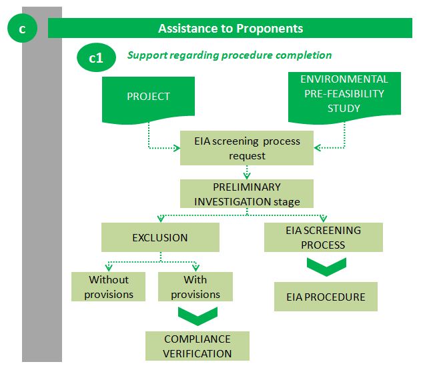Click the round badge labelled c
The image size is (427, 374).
point(22,28)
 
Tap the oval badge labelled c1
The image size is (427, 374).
point(96,57)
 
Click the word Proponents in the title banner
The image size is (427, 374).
point(270,28)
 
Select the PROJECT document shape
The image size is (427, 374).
point(148,100)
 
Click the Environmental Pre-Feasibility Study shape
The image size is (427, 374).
point(344,97)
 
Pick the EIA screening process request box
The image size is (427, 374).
point(247,148)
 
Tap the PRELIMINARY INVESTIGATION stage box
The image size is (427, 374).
point(247,194)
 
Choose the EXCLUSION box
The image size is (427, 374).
point(160,237)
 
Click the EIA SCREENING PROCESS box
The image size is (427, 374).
point(324,237)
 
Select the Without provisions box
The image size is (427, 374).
point(108,287)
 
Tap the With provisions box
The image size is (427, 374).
point(195,287)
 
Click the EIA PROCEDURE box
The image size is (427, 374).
point(326,297)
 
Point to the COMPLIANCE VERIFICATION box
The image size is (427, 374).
point(197,346)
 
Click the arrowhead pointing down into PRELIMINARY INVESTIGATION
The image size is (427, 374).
point(247,176)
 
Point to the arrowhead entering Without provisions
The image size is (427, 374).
point(109,267)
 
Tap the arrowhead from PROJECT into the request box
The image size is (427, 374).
point(177,148)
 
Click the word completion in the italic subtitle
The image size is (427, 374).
point(304,55)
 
